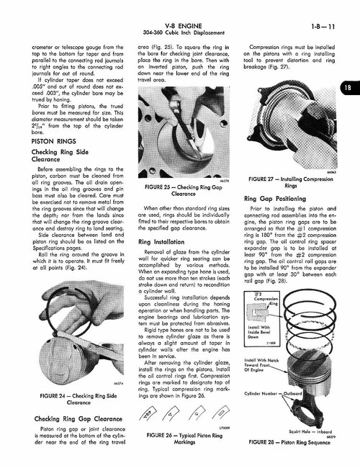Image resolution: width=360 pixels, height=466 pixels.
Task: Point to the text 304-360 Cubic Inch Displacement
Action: (x=180, y=18)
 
